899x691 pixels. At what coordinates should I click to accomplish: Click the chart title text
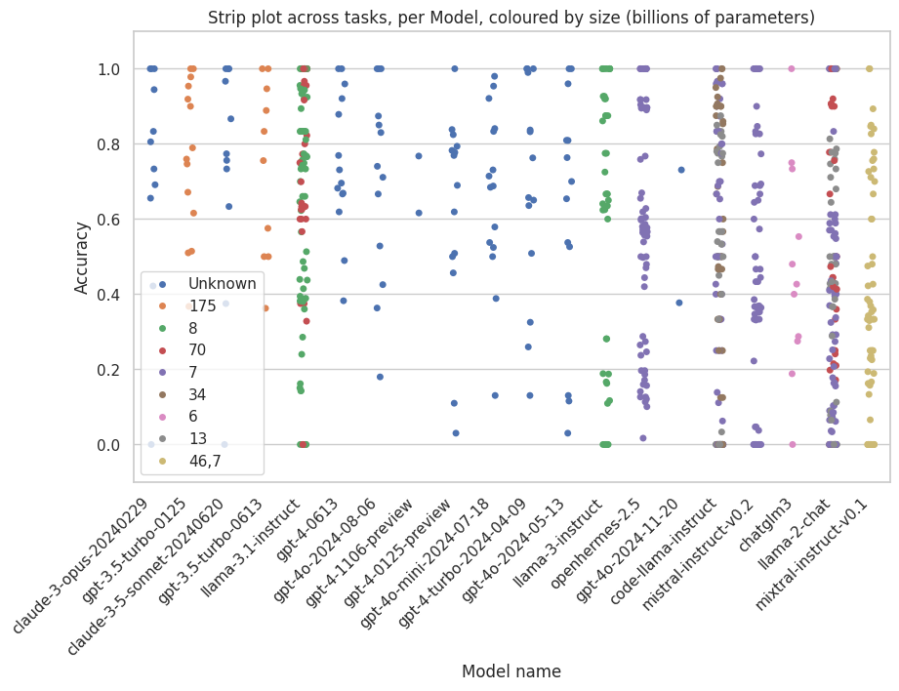[x=511, y=18]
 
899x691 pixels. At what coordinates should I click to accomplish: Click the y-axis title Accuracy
[x=83, y=257]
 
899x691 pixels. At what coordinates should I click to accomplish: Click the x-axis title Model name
[x=511, y=671]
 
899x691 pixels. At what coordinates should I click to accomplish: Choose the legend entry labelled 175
[x=203, y=306]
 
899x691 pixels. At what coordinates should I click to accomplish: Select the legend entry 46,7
[x=205, y=462]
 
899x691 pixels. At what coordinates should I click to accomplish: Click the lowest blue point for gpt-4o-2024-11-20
[x=679, y=303]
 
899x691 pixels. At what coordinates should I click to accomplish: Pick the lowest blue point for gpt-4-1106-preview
[x=419, y=213]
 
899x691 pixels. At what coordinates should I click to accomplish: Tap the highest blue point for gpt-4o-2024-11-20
[x=681, y=170]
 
